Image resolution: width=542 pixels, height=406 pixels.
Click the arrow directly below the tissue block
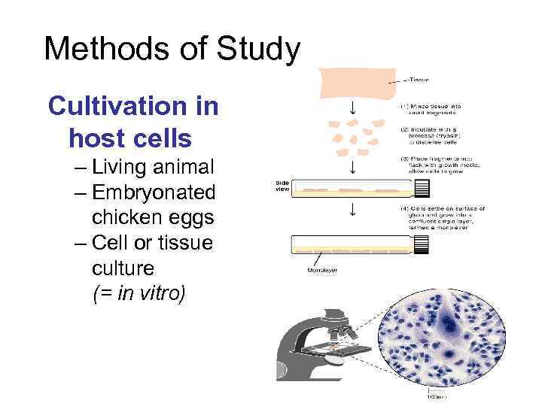click(x=352, y=112)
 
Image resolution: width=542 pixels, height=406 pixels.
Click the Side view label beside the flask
click(x=281, y=186)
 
